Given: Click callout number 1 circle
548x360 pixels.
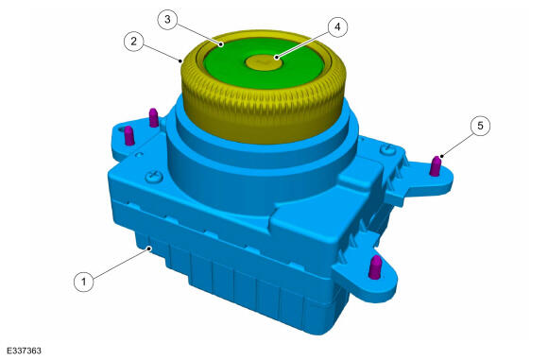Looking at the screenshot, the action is coord(84,282).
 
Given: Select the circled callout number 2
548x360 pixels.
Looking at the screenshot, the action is coord(134,42).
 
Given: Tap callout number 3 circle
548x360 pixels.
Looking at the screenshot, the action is coord(167,19).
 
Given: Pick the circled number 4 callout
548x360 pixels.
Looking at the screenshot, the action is coord(337,26).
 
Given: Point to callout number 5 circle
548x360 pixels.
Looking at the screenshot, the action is coord(480,126).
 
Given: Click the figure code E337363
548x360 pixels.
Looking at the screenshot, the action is coord(25,351).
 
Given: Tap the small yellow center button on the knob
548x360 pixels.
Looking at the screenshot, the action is coord(264,62).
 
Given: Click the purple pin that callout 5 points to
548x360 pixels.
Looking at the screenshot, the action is coord(436,166).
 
